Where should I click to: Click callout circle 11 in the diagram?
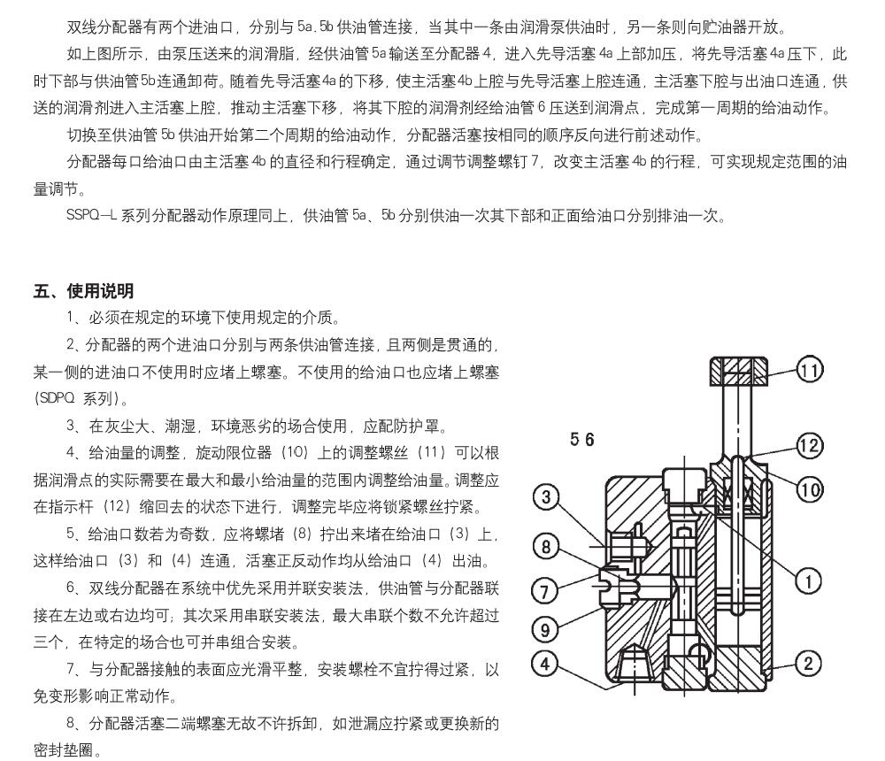coord(809,372)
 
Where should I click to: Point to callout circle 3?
coord(547,498)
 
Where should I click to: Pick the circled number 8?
coord(547,547)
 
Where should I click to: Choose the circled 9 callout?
coord(547,629)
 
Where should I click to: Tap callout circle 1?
coord(808,580)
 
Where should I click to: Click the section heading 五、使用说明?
coord(84,290)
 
